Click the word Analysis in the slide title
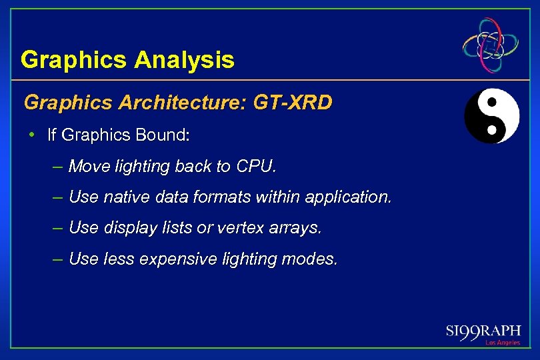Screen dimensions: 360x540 [x=184, y=60]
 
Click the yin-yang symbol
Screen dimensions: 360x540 [x=491, y=116]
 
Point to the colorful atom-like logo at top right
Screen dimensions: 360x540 [x=491, y=45]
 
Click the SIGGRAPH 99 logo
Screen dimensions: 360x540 [x=483, y=331]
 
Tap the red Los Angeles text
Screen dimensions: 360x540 [x=502, y=343]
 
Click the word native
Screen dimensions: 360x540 [x=125, y=197]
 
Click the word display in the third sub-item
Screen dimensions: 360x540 [x=129, y=228]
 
